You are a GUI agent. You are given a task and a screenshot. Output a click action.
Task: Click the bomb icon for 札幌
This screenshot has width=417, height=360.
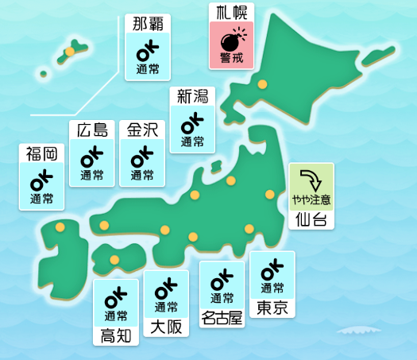[x=231, y=40]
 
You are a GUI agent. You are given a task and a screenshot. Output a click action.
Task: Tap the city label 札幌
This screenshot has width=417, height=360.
[x=231, y=12]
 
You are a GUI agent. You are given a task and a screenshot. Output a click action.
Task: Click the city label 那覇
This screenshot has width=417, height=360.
[x=148, y=24]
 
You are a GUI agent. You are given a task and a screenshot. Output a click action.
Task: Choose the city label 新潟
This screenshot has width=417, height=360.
[x=192, y=97]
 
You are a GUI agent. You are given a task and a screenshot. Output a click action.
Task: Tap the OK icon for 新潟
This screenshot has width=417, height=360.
[x=192, y=124]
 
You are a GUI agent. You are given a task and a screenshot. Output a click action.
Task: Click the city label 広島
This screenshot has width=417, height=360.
[x=92, y=130]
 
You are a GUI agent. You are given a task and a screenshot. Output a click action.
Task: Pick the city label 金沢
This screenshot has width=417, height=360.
[x=142, y=130]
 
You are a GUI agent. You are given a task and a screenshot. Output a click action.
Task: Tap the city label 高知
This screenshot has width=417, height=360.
[x=116, y=335]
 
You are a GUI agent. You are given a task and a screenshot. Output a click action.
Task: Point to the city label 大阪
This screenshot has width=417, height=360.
[x=166, y=326]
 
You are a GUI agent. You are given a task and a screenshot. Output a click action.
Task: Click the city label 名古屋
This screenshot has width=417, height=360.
[x=222, y=318]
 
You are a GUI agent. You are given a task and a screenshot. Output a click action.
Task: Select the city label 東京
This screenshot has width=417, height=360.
[x=272, y=308]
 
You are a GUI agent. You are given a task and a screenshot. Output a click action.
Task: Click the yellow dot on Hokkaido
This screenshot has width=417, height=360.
[x=262, y=83]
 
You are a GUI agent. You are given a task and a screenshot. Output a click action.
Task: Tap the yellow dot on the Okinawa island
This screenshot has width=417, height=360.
[x=70, y=52]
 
